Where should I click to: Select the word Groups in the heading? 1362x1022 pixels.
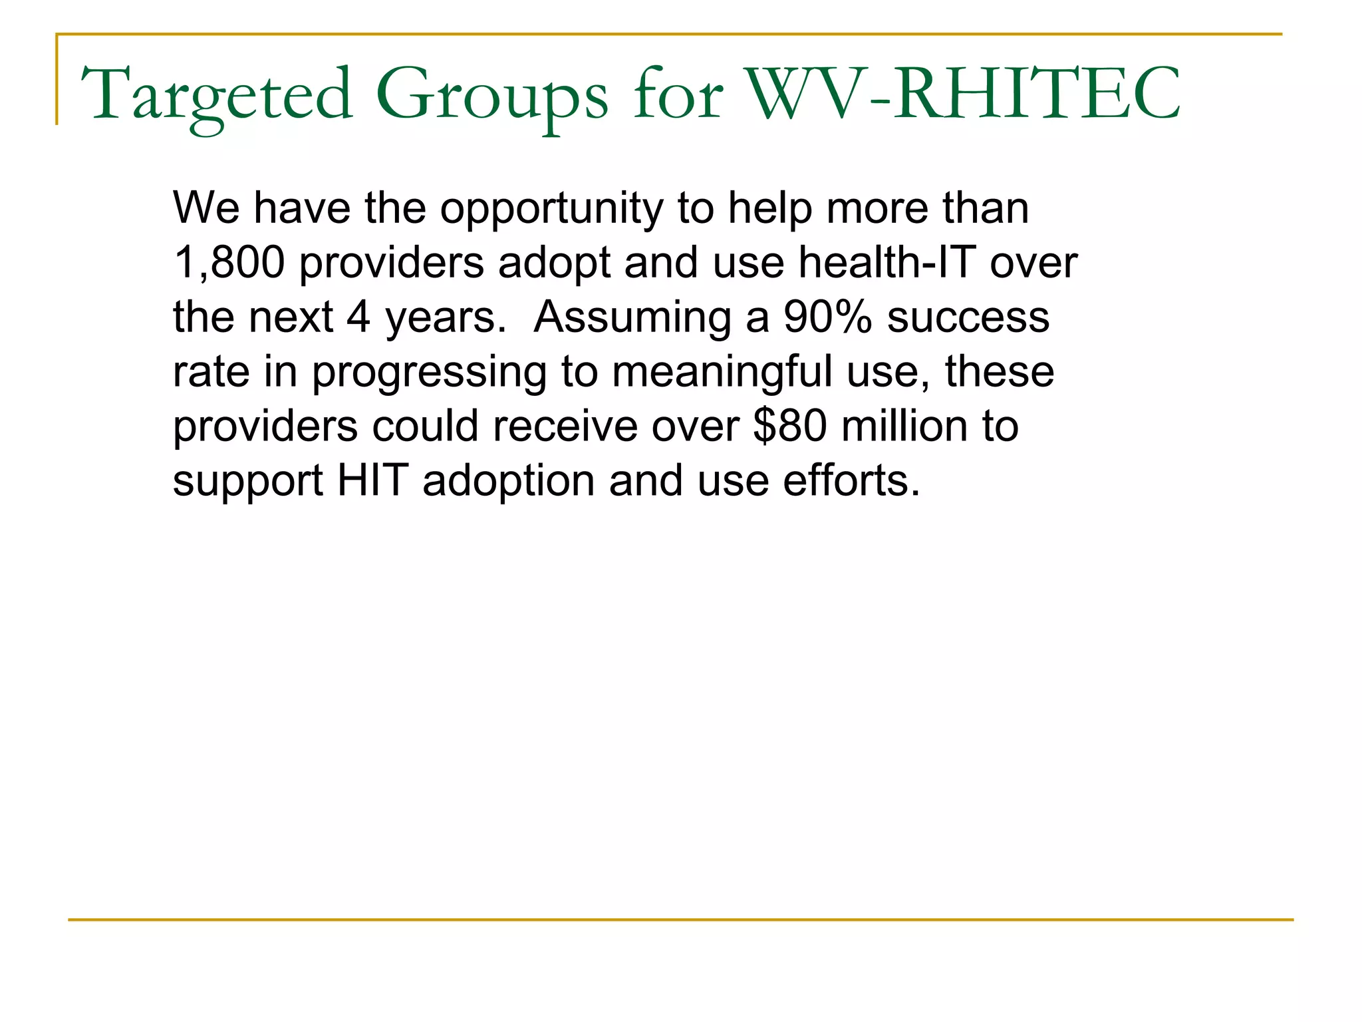coord(491,94)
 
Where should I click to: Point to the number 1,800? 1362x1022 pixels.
coord(229,262)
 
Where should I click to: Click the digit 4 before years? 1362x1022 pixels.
coord(358,317)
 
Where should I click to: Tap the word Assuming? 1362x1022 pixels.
coord(632,318)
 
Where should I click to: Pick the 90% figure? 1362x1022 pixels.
coord(827,317)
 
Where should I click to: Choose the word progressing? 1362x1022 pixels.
coord(429,373)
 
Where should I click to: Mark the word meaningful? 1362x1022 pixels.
coord(722,373)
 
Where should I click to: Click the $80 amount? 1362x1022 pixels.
coord(790,426)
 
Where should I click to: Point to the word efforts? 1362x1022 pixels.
coord(851,480)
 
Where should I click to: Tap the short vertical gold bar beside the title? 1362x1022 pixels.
coord(57,80)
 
